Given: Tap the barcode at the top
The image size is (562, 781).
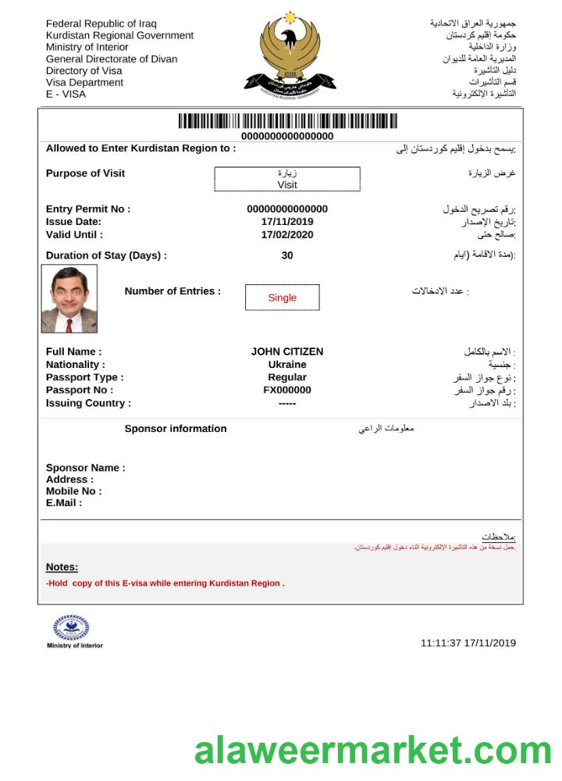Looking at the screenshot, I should click(287, 121).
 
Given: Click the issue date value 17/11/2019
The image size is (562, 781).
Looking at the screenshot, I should click(287, 222).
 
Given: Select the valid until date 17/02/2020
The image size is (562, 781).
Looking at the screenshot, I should click(287, 234).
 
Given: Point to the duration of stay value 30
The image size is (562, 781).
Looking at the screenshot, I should click(287, 255).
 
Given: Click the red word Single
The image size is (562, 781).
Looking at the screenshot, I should click(282, 298).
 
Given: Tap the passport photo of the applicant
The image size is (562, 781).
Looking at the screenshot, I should click(69, 299).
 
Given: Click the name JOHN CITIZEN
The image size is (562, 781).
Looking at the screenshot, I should click(287, 352).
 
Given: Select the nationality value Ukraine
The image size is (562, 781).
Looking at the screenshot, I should click(287, 365).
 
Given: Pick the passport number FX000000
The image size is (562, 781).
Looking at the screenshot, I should click(287, 390).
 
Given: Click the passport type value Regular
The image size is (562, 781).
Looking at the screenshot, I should click(287, 377).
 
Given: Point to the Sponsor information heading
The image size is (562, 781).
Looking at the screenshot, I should click(176, 429).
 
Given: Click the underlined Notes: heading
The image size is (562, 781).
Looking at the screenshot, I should click(62, 567).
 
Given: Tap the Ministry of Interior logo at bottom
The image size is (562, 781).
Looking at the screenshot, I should click(73, 629).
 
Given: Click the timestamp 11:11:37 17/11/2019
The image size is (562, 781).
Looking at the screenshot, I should click(468, 644).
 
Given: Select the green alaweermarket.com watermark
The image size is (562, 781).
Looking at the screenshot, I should click(373, 751).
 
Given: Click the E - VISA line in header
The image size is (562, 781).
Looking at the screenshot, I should click(66, 95).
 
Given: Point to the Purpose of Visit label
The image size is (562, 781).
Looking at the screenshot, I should click(85, 173).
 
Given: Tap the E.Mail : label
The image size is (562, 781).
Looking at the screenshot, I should click(64, 503).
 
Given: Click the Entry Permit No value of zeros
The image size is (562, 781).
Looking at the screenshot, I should click(287, 209).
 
